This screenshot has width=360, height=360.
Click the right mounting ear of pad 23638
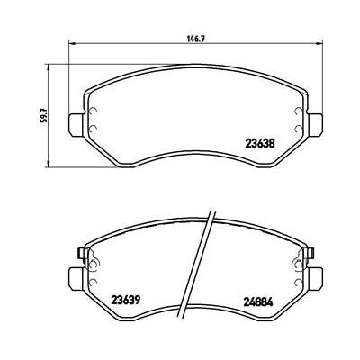click(315, 122)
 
